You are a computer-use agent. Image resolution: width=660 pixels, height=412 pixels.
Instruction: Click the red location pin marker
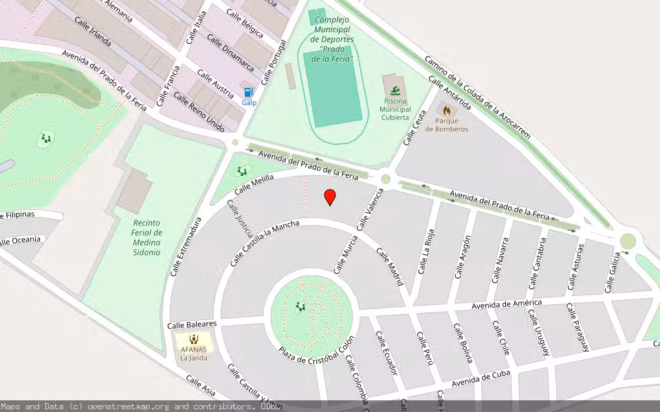pos(330,198)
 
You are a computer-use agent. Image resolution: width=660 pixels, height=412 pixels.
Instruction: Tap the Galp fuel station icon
pos(248,92)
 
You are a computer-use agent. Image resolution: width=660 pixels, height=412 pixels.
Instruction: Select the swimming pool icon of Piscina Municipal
pos(395,91)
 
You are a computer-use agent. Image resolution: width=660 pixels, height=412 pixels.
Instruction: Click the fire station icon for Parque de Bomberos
pos(447,111)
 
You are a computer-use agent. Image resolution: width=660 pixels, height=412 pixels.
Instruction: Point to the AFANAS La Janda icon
pos(194,339)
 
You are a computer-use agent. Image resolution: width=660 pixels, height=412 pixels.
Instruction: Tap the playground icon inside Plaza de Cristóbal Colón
pos(300,307)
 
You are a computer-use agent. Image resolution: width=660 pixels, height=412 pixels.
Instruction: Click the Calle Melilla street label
pos(254,183)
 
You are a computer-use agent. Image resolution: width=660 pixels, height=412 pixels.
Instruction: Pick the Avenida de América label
pos(507,304)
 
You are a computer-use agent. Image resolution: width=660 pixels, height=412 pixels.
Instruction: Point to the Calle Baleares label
pos(192,323)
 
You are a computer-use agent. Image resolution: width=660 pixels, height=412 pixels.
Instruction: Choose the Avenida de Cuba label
pos(481,379)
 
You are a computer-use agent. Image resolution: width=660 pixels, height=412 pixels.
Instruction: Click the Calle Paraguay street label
pos(578,326)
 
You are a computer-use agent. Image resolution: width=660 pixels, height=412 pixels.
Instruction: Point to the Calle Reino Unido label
pos(199,112)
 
